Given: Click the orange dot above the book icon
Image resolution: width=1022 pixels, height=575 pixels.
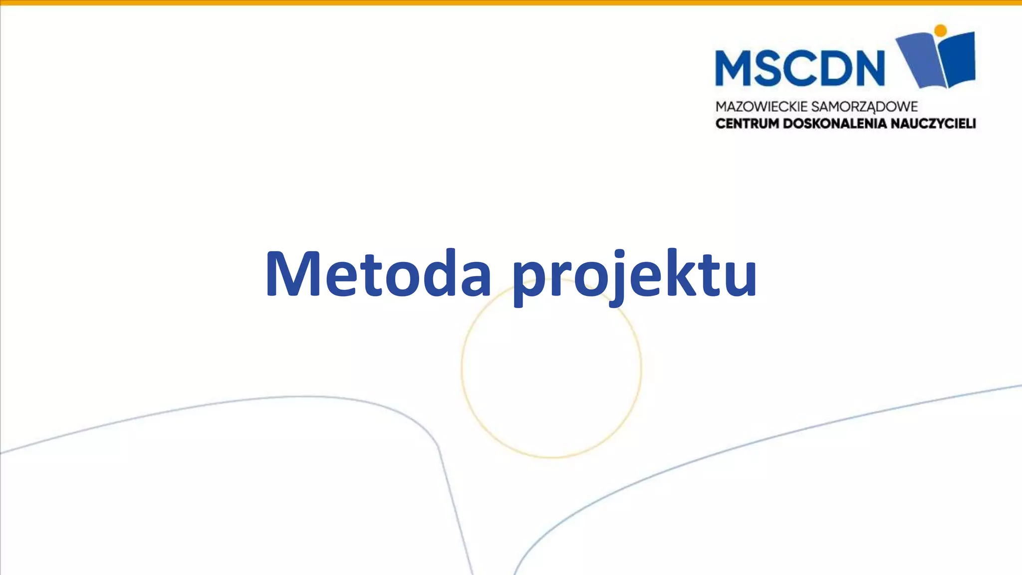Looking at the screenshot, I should [x=940, y=30].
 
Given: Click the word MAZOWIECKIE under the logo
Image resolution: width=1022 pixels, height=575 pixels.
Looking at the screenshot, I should [x=762, y=107].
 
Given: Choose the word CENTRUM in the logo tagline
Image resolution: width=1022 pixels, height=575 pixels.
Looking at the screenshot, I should [x=747, y=123].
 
